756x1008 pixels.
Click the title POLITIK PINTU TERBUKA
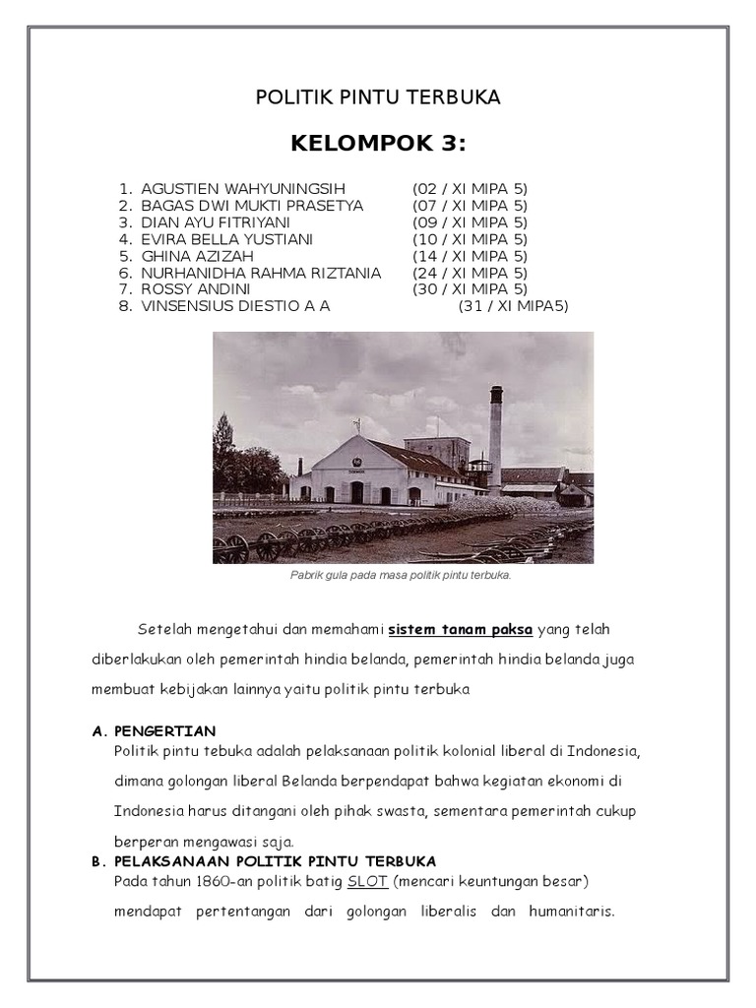(378, 96)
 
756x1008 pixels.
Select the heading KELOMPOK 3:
(378, 146)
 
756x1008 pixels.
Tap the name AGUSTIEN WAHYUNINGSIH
(243, 188)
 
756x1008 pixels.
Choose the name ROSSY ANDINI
(196, 289)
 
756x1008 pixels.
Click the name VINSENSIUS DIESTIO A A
(235, 306)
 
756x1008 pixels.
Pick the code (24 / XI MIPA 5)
(470, 273)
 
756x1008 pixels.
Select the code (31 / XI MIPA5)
(513, 306)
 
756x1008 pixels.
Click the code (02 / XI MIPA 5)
(470, 188)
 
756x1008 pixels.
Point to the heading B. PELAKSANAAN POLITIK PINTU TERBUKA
(264, 860)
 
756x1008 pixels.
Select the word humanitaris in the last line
(572, 912)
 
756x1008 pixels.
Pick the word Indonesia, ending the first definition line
(598, 752)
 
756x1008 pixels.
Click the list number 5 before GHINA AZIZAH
(125, 256)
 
